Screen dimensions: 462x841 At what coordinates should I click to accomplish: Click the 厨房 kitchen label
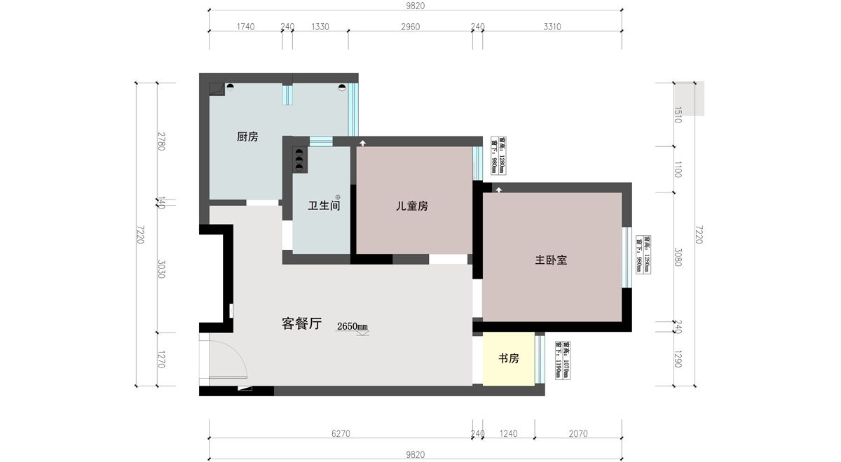pyautogui.click(x=247, y=137)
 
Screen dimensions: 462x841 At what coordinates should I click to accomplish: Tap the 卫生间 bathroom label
pyautogui.click(x=324, y=206)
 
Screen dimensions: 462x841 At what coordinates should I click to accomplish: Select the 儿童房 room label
pyautogui.click(x=412, y=206)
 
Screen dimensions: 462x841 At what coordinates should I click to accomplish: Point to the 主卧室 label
pyautogui.click(x=551, y=260)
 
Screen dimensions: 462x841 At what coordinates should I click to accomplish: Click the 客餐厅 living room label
pyautogui.click(x=301, y=324)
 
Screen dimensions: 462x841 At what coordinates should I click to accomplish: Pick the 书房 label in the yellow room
pyautogui.click(x=509, y=359)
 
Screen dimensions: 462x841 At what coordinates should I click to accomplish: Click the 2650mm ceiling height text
pyautogui.click(x=353, y=326)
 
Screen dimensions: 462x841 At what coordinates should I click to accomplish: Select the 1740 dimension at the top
pyautogui.click(x=245, y=27)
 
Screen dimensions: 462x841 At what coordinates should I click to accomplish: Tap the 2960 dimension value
pyautogui.click(x=410, y=27)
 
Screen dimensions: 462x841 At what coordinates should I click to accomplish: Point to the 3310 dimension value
pyautogui.click(x=552, y=27)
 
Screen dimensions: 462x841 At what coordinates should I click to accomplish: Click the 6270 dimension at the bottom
pyautogui.click(x=340, y=434)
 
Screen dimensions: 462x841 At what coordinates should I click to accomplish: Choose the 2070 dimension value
pyautogui.click(x=578, y=434)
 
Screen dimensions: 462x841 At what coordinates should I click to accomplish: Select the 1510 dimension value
pyautogui.click(x=678, y=115)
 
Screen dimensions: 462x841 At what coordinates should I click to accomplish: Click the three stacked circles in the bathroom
pyautogui.click(x=299, y=159)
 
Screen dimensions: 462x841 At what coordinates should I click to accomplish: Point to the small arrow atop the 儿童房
pyautogui.click(x=362, y=143)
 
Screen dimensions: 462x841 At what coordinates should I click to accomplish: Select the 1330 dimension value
pyautogui.click(x=320, y=27)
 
